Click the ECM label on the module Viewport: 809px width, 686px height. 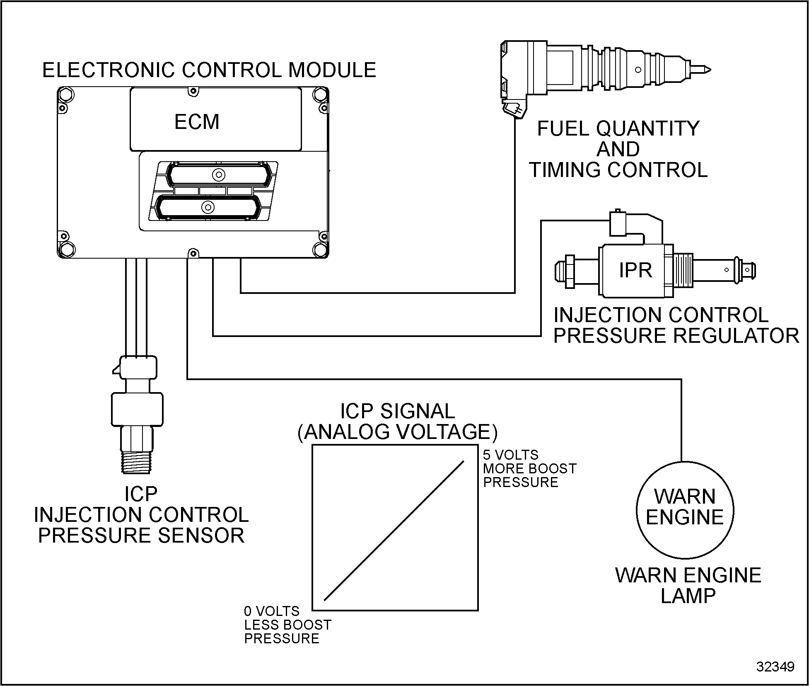pyautogui.click(x=197, y=122)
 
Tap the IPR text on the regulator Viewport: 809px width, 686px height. pyautogui.click(x=635, y=271)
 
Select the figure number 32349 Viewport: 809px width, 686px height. pyautogui.click(x=775, y=666)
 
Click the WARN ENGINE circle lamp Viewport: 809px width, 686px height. pyautogui.click(x=685, y=510)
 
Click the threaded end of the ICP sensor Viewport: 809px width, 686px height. pyautogui.click(x=137, y=461)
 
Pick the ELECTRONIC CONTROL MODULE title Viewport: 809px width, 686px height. pyautogui.click(x=209, y=70)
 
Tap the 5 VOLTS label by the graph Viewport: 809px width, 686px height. pyautogui.click(x=510, y=455)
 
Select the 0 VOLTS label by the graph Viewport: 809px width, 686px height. pyautogui.click(x=272, y=611)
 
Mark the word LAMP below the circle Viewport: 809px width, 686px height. pyautogui.click(x=688, y=596)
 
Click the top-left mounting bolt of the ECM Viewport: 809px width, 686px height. pyautogui.click(x=66, y=95)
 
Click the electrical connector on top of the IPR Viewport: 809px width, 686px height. pyautogui.click(x=618, y=224)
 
